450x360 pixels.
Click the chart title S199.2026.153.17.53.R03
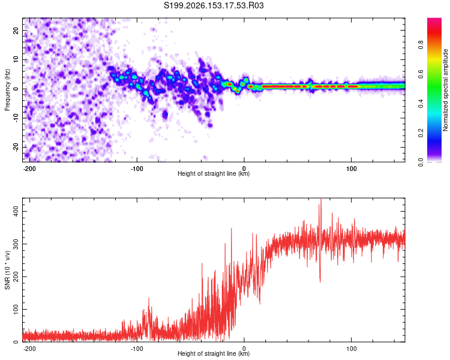214,5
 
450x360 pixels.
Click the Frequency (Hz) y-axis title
7,90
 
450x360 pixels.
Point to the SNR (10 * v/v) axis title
7,270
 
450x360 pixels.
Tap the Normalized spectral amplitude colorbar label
445,90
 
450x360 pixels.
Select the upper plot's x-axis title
214,173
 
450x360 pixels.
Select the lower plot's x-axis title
214,353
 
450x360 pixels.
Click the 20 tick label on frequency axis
16,31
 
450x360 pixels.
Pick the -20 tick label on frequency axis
16,147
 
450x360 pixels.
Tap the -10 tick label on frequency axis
16,118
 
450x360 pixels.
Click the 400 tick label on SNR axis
16,212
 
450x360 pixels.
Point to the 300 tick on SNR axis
16,244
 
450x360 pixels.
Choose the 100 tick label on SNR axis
16,309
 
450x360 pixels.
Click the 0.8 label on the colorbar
421,45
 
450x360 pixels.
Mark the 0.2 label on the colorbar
421,133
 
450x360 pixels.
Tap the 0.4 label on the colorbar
421,104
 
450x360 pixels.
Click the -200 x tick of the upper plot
29,169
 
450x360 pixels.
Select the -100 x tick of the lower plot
137,349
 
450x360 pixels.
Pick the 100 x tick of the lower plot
351,349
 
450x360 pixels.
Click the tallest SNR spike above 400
321,199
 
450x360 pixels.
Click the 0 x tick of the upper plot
244,169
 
